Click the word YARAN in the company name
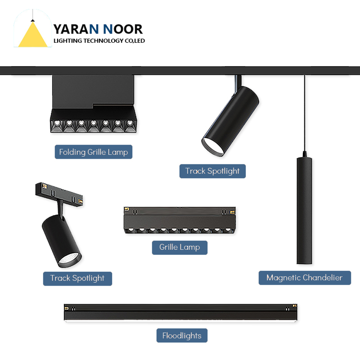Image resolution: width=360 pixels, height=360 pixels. click(76, 29)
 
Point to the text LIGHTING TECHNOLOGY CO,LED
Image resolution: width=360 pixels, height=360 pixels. click(99, 41)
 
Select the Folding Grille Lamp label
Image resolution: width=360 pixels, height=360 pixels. click(93, 152)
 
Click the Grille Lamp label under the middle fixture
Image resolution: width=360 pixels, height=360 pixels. click(180, 247)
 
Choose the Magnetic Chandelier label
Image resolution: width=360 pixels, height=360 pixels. click(304, 277)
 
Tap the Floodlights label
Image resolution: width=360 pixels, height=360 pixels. click(181, 336)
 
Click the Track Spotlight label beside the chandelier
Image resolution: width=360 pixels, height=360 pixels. click(212, 171)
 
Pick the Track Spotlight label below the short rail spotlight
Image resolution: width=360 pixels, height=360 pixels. click(77, 278)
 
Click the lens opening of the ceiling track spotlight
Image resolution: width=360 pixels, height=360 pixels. click(213, 145)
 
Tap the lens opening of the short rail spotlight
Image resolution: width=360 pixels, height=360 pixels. click(70, 258)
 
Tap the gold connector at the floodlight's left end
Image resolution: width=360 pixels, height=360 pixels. click(67, 308)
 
